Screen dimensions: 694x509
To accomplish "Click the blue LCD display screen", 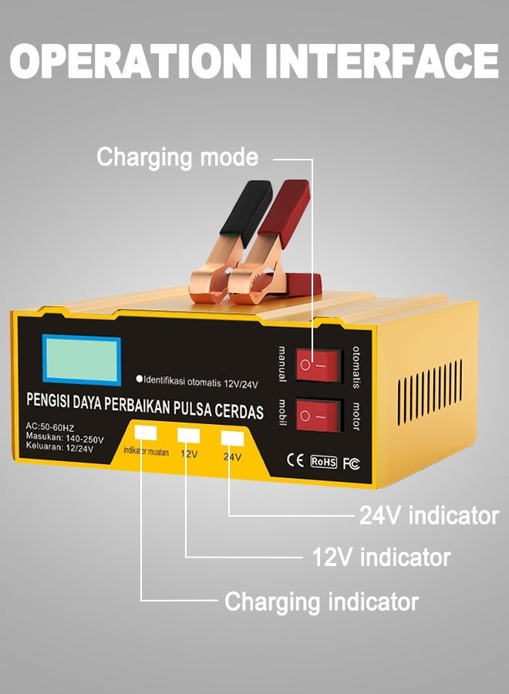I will pos(81,359).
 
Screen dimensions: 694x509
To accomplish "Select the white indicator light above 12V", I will pos(189,436).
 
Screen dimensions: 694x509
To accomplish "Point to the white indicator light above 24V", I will pos(232,438).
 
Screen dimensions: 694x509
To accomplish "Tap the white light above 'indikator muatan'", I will pos(145,433).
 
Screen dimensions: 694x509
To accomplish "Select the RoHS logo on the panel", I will pos(323,462).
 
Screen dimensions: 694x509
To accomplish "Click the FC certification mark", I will pos(351,463).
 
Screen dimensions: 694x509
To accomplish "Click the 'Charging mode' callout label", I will pos(177,157).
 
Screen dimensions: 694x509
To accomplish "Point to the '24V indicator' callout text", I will pos(429,516).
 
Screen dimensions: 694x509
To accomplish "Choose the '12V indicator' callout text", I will pos(381,556).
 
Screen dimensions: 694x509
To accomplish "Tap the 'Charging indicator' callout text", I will pos(321,601).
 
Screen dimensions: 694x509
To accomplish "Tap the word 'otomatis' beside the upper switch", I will pos(356,365).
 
